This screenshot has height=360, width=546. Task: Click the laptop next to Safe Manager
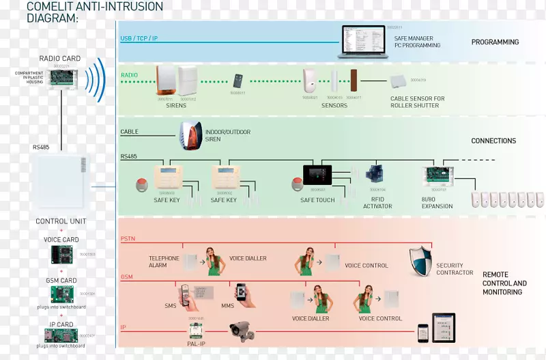coord(362,41)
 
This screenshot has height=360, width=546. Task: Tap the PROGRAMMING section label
coord(495,42)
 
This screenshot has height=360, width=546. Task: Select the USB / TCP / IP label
coord(139,39)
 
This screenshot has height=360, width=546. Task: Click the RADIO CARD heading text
coord(59,59)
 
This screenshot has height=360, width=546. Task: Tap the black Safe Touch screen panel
coord(317,175)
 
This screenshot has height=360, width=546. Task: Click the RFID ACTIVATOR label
coord(377,203)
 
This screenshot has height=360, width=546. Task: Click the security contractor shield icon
coord(420,262)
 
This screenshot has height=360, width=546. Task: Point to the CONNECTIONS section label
coord(493,141)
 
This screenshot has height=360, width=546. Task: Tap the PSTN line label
coord(128,238)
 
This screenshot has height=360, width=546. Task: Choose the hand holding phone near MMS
coord(241,292)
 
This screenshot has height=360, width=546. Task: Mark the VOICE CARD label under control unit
coord(61,240)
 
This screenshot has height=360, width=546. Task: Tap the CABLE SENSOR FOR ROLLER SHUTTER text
coord(417,102)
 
